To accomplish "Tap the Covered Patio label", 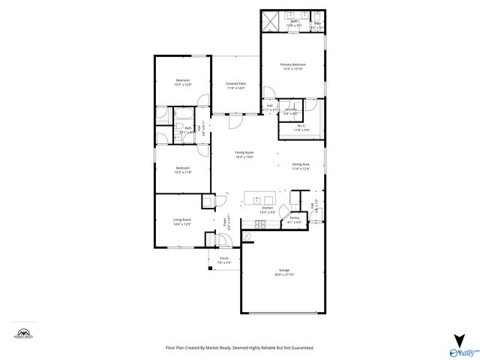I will (236, 83).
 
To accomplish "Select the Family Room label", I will (244, 152).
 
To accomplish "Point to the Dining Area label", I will (301, 164).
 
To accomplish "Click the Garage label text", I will (284, 270).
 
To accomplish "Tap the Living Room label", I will (181, 220).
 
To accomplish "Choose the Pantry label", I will (294, 218).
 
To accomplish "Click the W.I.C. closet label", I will (300, 125).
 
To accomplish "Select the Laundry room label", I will (290, 109).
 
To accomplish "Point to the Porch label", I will (223, 259).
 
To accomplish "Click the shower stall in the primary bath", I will (271, 19).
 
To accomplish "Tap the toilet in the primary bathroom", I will (319, 16).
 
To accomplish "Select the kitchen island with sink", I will (263, 200).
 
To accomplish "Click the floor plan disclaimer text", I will (239, 348).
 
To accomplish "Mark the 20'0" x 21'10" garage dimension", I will (284, 274).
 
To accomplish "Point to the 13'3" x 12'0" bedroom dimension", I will (183, 85).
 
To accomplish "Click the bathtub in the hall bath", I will (163, 127).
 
